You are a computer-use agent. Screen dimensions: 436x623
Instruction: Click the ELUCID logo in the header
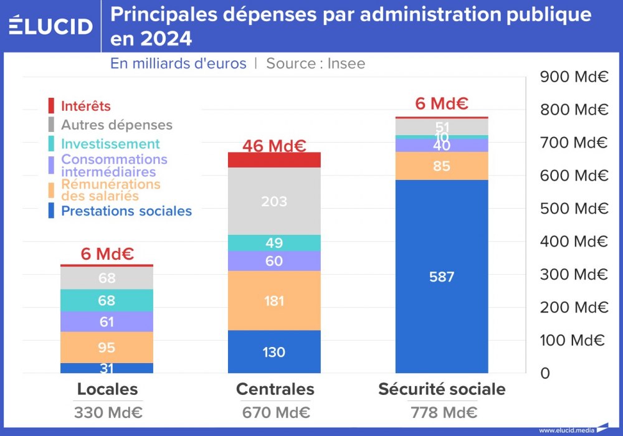pyautogui.click(x=51, y=26)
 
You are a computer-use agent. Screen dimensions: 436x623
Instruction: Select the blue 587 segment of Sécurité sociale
pyautogui.click(x=442, y=277)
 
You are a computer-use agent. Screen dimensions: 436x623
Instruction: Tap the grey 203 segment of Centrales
pyautogui.click(x=274, y=201)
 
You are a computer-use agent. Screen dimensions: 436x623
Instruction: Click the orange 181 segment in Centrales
pyautogui.click(x=274, y=300)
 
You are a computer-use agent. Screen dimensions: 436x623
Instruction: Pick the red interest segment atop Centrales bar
pyautogui.click(x=274, y=160)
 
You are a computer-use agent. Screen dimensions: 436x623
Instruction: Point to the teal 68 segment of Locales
pyautogui.click(x=107, y=300)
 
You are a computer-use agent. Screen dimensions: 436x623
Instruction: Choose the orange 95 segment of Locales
pyautogui.click(x=107, y=347)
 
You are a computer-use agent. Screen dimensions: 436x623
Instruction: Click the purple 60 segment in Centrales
pyautogui.click(x=274, y=261)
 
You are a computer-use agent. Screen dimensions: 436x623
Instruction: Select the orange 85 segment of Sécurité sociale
pyautogui.click(x=442, y=166)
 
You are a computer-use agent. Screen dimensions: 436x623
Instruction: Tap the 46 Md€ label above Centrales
pyautogui.click(x=274, y=146)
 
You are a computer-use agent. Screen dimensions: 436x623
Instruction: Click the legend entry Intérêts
pyautogui.click(x=85, y=107)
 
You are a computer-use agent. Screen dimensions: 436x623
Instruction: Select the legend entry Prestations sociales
pyautogui.click(x=126, y=211)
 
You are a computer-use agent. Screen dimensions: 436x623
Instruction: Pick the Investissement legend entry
pyautogui.click(x=110, y=144)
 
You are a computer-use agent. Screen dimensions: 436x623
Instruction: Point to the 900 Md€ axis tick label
pyautogui.click(x=574, y=77)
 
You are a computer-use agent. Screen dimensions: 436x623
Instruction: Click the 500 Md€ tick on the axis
pyautogui.click(x=574, y=209)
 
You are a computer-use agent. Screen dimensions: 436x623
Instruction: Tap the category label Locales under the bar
pyautogui.click(x=107, y=389)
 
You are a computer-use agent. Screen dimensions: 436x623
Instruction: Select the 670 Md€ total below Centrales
pyautogui.click(x=275, y=412)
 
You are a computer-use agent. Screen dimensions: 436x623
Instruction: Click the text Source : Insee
pyautogui.click(x=315, y=64)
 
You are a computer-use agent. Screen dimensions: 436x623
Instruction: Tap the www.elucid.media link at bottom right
pyautogui.click(x=566, y=430)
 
